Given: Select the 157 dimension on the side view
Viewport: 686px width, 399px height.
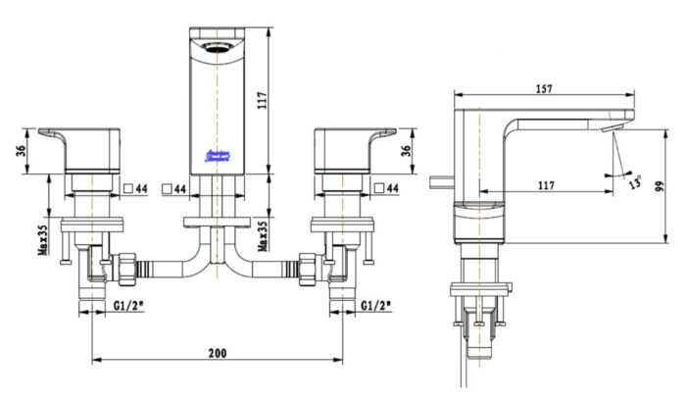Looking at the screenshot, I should [544, 88].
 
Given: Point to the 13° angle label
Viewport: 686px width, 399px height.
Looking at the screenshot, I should [634, 183].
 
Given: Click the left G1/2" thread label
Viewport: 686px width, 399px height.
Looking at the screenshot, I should [128, 304].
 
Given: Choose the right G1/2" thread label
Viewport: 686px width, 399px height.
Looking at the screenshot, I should [376, 304].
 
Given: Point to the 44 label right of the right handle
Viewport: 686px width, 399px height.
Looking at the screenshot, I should [391, 187].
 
